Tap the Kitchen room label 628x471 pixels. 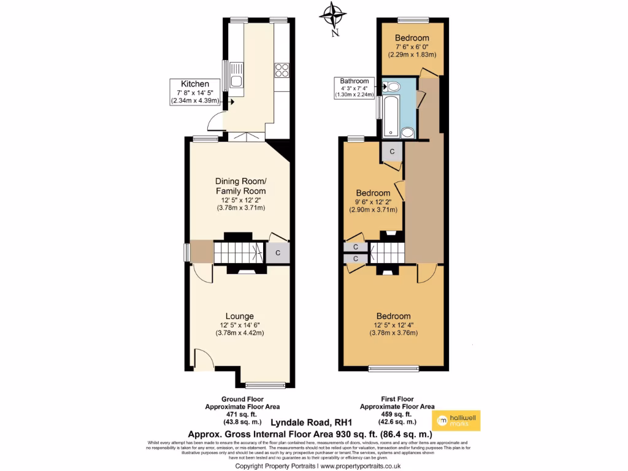click(x=195, y=84)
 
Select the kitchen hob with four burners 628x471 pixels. click(x=281, y=71)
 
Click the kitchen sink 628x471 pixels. click(x=236, y=75)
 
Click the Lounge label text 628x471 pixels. click(x=240, y=316)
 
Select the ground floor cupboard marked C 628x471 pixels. click(x=277, y=252)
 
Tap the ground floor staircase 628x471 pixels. click(x=239, y=252)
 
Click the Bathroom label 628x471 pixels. click(x=355, y=81)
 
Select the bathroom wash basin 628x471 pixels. click(x=407, y=132)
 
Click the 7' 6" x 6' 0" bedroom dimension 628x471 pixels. click(x=412, y=46)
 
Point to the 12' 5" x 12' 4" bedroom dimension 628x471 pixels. click(x=393, y=325)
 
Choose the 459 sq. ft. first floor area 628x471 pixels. click(x=397, y=414)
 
